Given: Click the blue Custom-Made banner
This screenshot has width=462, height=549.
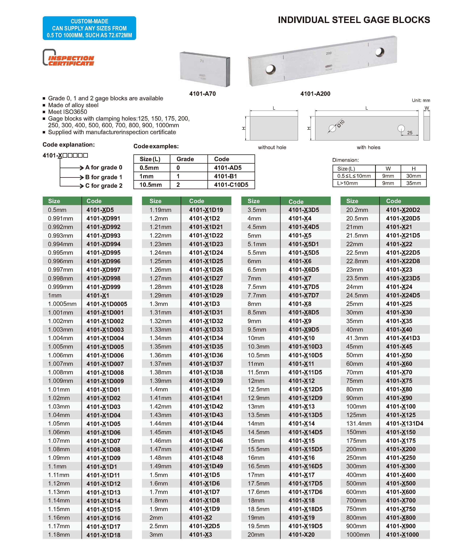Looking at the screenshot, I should tap(89, 28).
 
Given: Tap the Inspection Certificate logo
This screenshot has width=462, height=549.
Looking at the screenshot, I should tap(69, 58).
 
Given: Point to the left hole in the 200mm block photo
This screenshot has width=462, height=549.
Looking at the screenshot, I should tap(270, 69).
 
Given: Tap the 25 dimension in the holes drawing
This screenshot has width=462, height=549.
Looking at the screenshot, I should tap(410, 133).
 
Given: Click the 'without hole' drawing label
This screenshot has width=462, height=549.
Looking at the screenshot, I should tap(272, 147).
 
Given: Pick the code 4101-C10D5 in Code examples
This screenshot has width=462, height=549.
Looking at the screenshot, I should tap(231, 185).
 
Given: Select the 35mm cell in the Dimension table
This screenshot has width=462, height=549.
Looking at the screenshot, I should tap(413, 183).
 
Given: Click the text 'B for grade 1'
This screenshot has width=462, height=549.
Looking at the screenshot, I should tap(104, 177).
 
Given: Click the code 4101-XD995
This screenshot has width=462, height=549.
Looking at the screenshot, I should tap(103, 253).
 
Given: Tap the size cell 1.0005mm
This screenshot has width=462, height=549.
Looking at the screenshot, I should tap(62, 304).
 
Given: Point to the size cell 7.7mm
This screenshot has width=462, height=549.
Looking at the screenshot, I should tap(257, 295).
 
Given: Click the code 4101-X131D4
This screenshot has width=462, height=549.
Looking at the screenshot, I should tap(404, 424).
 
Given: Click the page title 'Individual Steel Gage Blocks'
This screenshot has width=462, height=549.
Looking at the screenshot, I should tap(354, 20).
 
